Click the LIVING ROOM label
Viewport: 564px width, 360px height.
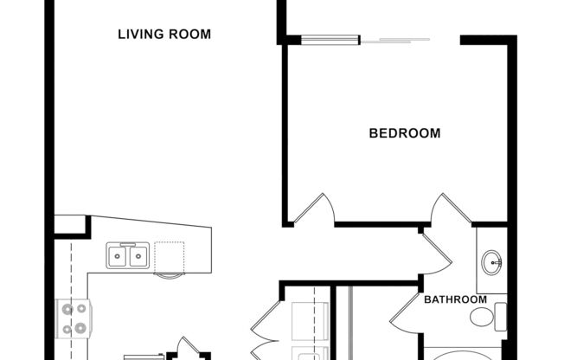pyautogui.click(x=164, y=35)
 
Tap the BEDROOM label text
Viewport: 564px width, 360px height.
pyautogui.click(x=404, y=133)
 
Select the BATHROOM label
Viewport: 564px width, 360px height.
pyautogui.click(x=454, y=299)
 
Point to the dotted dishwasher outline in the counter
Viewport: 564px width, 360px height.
pyautogui.click(x=170, y=257)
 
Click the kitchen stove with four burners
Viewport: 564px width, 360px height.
pyautogui.click(x=73, y=318)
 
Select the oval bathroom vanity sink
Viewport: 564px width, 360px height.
pyautogui.click(x=492, y=261)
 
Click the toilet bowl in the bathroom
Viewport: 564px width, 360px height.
pyautogui.click(x=481, y=317)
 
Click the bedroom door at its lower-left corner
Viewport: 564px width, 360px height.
pyautogui.click(x=313, y=210)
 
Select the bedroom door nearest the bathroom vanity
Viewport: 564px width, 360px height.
pyautogui.click(x=451, y=210)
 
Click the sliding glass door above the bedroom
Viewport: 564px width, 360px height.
pyautogui.click(x=396, y=39)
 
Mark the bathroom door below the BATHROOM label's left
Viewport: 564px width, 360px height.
pyautogui.click(x=406, y=313)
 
